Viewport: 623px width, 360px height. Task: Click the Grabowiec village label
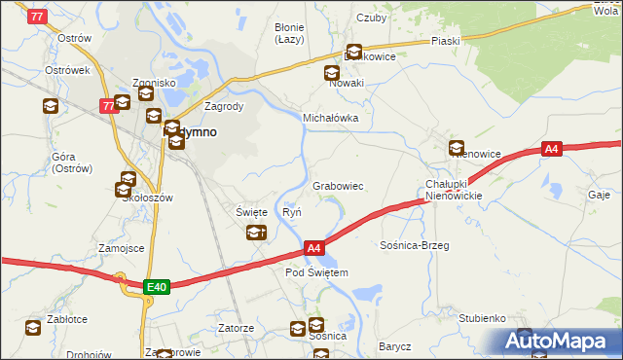coord(338,185)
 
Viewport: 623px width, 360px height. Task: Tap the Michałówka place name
coord(331,118)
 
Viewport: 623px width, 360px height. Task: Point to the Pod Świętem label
coord(316,272)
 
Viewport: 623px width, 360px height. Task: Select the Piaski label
coord(445,41)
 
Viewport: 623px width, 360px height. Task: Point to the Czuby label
coord(372,18)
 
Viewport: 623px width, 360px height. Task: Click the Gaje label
coord(600,194)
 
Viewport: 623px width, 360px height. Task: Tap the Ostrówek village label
coord(67,71)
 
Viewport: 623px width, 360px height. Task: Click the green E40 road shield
coord(157,286)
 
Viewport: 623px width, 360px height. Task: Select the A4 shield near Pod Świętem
coord(313,249)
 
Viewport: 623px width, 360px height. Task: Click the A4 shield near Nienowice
coord(552,149)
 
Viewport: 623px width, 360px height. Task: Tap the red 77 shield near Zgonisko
coord(108,106)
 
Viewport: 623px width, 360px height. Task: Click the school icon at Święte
coord(256,233)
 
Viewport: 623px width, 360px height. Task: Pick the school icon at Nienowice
coord(457,148)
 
